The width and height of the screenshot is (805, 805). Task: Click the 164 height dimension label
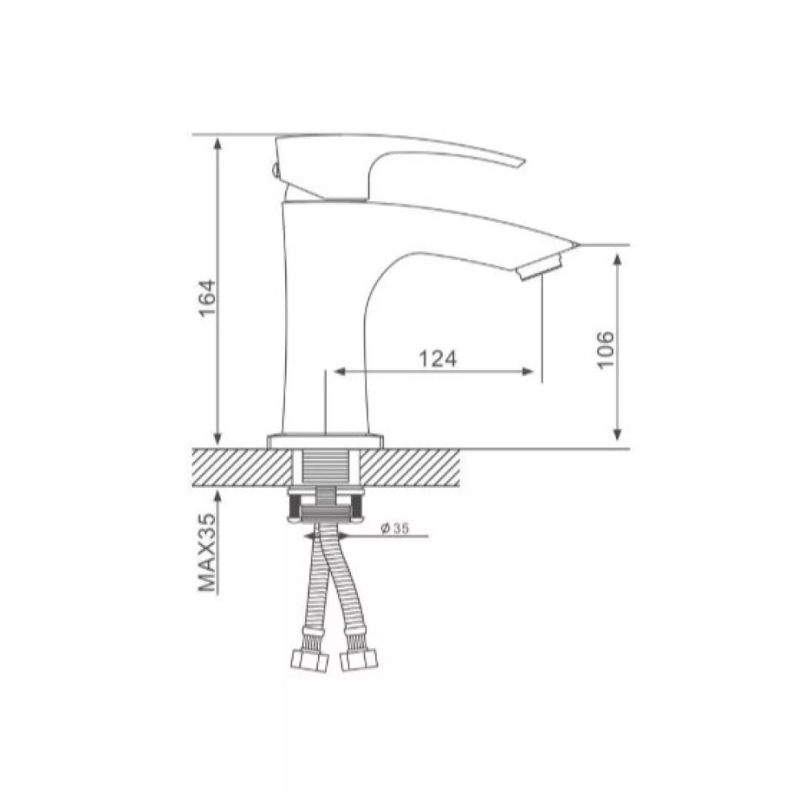(x=207, y=299)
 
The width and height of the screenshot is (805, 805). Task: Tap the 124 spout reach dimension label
(x=437, y=359)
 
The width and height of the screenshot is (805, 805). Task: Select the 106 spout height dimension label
(x=605, y=349)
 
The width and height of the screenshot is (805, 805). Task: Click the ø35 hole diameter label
(x=394, y=528)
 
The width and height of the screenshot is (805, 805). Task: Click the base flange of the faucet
(x=325, y=440)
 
